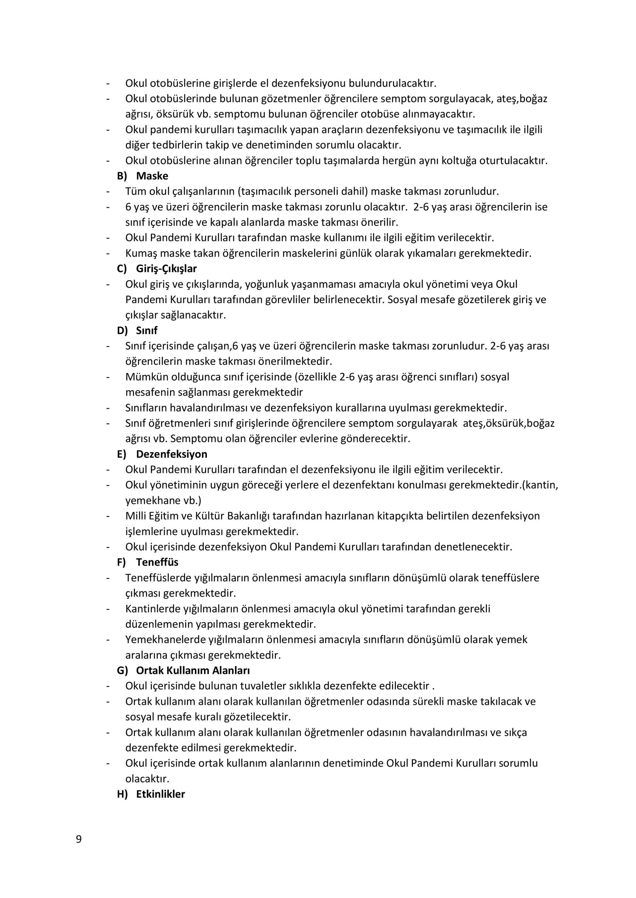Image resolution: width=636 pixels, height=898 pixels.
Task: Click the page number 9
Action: click(79, 839)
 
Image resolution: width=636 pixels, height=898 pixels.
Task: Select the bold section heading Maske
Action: click(152, 176)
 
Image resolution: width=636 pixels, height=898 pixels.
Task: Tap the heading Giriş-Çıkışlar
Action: click(166, 269)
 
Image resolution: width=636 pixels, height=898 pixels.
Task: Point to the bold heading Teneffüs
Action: click(157, 562)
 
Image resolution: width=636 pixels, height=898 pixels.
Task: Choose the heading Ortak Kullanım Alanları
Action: click(193, 670)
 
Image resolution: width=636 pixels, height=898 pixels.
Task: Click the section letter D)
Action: click(122, 330)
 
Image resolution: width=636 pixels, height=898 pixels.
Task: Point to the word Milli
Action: click(136, 516)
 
